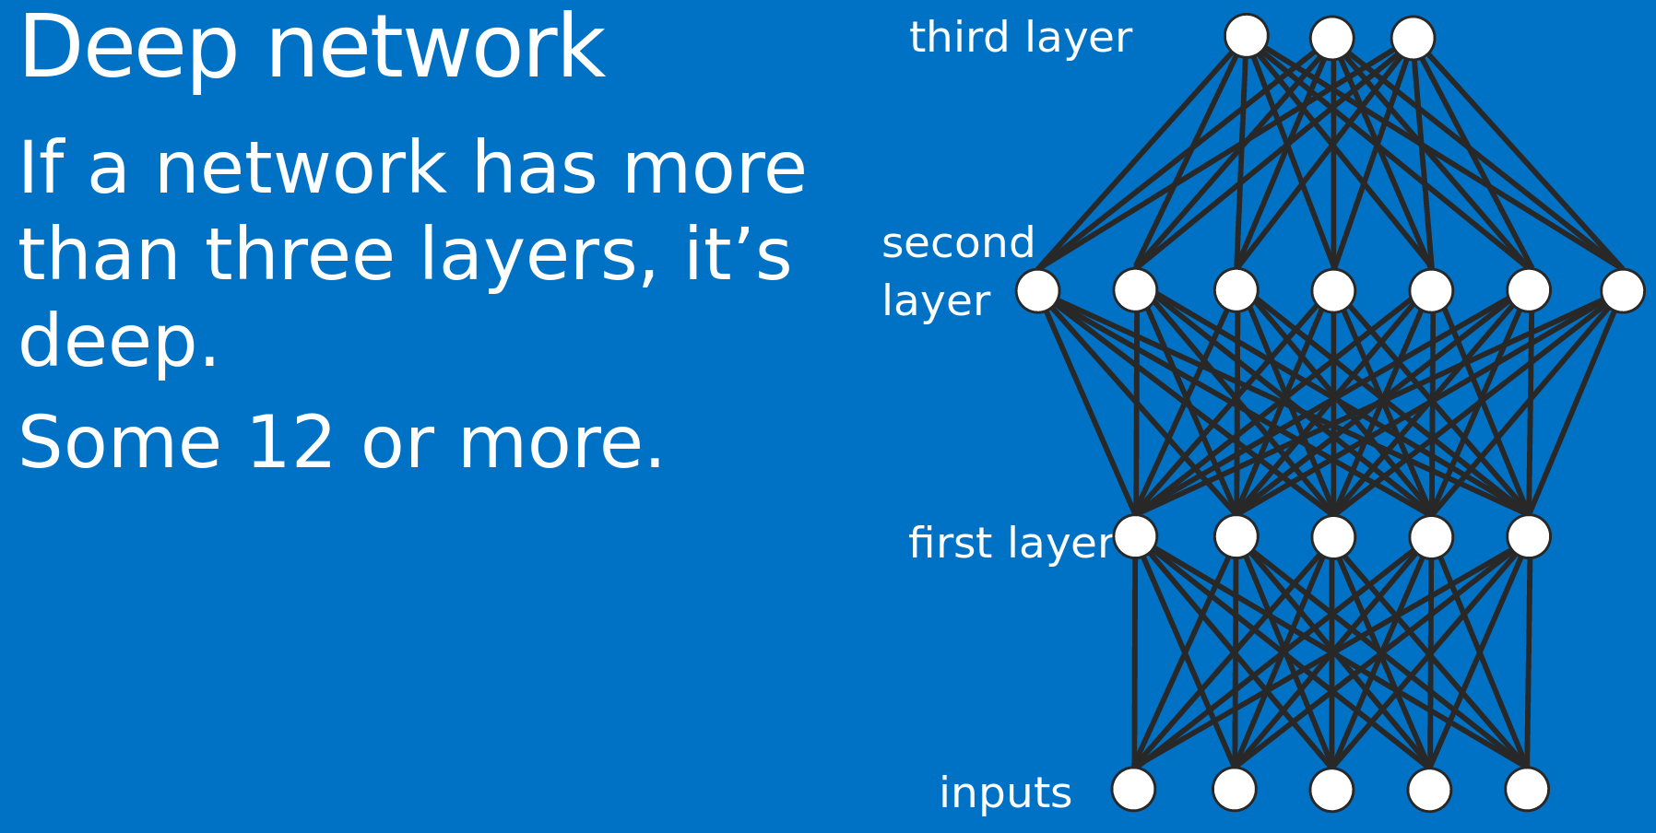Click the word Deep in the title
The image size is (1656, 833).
pyautogui.click(x=128, y=49)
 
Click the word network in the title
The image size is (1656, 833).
pyautogui.click(x=435, y=49)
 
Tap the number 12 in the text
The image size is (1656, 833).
pyautogui.click(x=290, y=443)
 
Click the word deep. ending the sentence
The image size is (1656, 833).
pyautogui.click(x=118, y=342)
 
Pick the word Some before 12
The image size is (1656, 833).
pyautogui.click(x=119, y=443)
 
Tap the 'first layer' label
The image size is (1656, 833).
pyautogui.click(x=1011, y=543)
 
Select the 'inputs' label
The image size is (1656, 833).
pyautogui.click(x=1005, y=793)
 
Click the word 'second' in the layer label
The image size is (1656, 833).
pyautogui.click(x=958, y=244)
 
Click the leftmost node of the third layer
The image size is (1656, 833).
pyautogui.click(x=1246, y=36)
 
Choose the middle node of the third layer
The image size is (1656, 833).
pyautogui.click(x=1331, y=38)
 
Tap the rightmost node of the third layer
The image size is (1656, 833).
pyautogui.click(x=1413, y=38)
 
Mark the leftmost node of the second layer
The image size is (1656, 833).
pyautogui.click(x=1037, y=290)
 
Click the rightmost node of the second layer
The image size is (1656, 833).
pyautogui.click(x=1622, y=290)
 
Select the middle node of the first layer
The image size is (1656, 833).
pyautogui.click(x=1332, y=536)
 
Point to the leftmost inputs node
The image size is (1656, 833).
pyautogui.click(x=1133, y=789)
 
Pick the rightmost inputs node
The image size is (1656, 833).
pyautogui.click(x=1526, y=789)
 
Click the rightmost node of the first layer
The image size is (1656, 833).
pyautogui.click(x=1528, y=536)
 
